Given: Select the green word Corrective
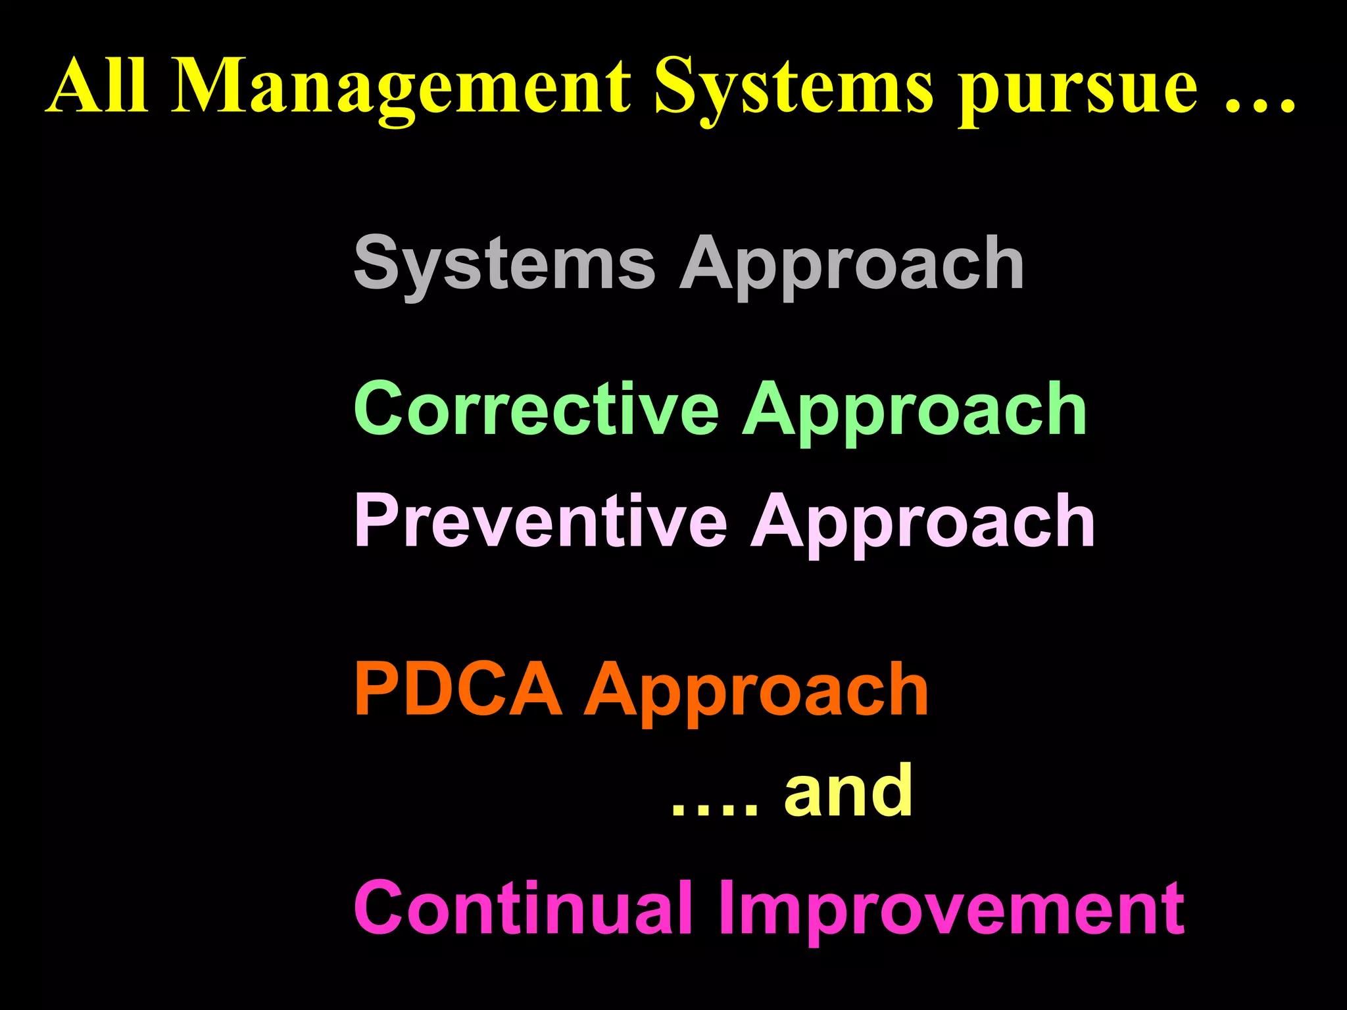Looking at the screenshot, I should click(x=536, y=409).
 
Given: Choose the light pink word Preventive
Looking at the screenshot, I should click(x=540, y=521).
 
